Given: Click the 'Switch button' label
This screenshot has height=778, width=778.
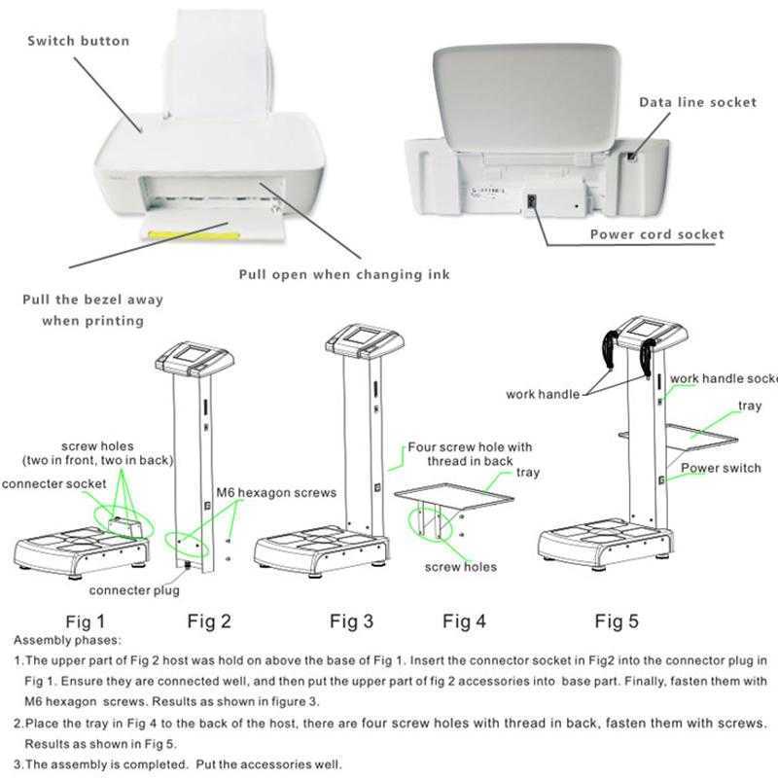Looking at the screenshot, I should [x=78, y=41].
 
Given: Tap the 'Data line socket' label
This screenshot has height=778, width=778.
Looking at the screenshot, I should [x=697, y=102].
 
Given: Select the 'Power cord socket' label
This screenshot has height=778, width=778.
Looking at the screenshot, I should [x=656, y=234].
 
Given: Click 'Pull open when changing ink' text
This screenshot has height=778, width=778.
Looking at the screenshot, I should [x=344, y=275].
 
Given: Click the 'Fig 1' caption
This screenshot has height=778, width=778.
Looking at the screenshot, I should [x=85, y=619].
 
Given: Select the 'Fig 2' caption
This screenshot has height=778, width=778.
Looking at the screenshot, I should [x=209, y=619].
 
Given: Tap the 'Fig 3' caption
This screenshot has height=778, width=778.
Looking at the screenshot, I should [x=351, y=619].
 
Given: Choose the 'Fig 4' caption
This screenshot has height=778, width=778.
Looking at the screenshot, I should [x=464, y=619].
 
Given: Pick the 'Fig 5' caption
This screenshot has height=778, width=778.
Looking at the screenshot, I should [x=616, y=619].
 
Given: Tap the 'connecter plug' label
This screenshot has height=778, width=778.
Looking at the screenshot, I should [x=134, y=590].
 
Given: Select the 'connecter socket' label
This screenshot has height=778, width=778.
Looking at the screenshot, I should [x=54, y=484].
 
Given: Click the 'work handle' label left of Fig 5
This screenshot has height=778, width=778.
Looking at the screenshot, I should [x=543, y=394].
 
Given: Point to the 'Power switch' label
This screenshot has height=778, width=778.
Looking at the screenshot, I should [x=720, y=468].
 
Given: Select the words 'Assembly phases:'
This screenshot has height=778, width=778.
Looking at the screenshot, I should [x=67, y=641].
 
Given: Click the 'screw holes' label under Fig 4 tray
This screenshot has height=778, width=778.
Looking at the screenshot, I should [x=460, y=567].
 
